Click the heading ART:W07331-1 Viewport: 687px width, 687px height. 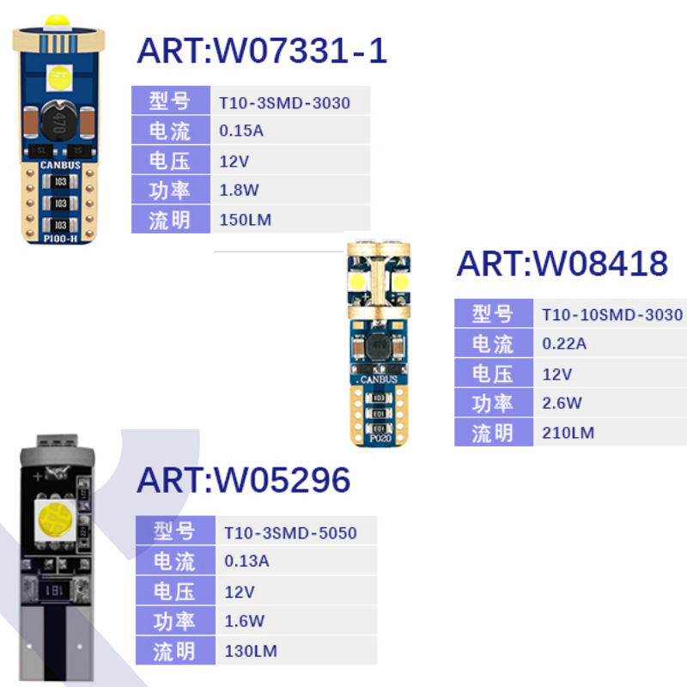coord(262,51)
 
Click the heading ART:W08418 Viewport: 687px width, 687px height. coord(562,263)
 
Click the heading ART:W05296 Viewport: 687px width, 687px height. coord(244,480)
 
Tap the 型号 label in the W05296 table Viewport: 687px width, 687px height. coord(174,532)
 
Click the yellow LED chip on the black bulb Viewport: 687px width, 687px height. coord(55,518)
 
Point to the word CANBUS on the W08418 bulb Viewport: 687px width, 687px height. coord(379,379)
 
